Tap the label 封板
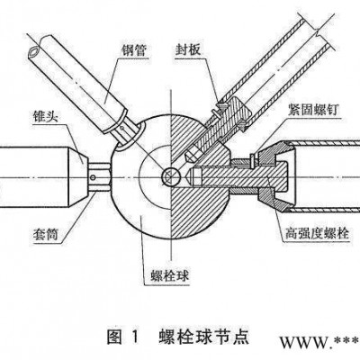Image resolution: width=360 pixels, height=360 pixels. (188, 49)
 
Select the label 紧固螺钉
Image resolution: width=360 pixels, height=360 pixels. (313, 110)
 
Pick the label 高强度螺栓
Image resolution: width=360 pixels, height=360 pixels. (317, 233)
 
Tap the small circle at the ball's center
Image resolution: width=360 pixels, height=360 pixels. (168, 176)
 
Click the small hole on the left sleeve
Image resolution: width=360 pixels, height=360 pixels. (94, 178)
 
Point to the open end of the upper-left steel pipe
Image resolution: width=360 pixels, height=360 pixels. (34, 52)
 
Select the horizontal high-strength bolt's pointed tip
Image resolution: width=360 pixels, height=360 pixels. (190, 174)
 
